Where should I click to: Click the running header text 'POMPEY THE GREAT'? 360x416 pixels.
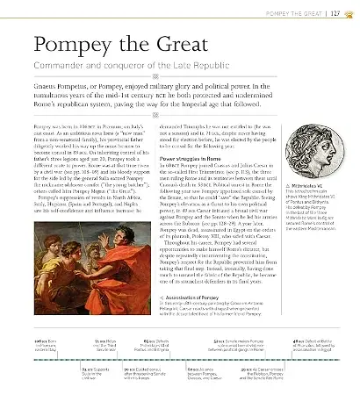tap(295, 12)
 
